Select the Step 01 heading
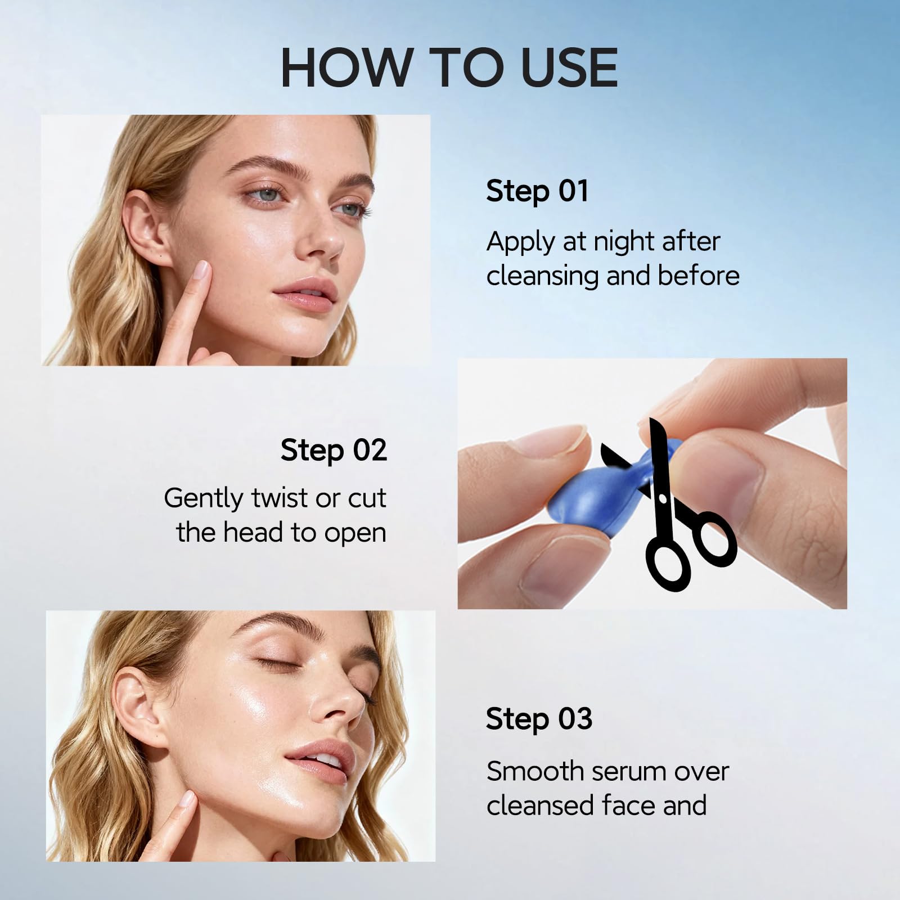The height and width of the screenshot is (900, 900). [537, 191]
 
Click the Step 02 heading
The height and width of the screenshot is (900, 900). [334, 451]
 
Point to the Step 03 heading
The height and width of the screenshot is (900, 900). [539, 719]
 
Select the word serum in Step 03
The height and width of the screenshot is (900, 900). [619, 772]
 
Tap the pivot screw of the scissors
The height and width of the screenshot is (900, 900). [661, 498]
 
